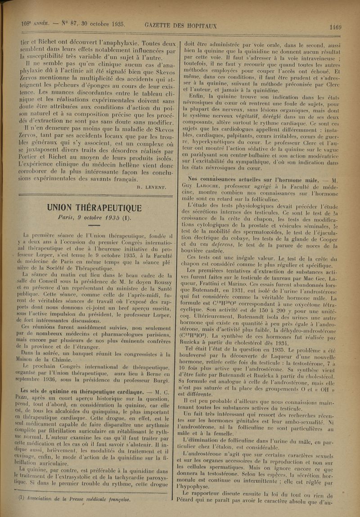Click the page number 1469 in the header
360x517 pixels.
tap(335, 27)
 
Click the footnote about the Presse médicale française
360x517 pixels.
tap(74, 499)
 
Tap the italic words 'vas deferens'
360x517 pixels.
tap(216, 244)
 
